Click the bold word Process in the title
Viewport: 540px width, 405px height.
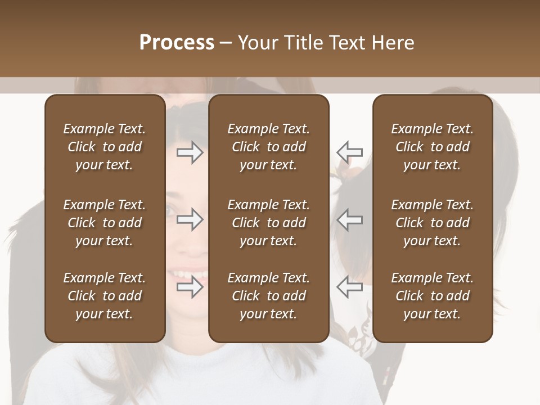tap(177, 43)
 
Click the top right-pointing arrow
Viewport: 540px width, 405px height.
tap(190, 152)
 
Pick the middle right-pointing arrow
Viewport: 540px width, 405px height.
tap(190, 219)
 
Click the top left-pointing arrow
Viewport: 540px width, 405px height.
tap(350, 152)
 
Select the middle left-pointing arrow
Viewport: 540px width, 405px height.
tap(350, 219)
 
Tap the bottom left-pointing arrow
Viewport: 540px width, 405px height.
tap(350, 286)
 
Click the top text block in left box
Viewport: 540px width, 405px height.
tap(105, 147)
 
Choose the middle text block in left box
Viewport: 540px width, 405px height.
tap(105, 223)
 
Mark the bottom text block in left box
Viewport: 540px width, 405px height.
tap(105, 296)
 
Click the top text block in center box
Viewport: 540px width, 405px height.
tap(268, 147)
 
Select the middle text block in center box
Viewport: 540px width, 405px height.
tap(268, 223)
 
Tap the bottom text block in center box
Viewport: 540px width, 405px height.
tap(268, 296)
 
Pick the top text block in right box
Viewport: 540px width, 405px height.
tap(432, 147)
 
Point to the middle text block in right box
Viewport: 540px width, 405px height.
tap(432, 223)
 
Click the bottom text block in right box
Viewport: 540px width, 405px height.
tap(432, 296)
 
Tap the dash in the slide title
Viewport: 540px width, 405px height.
tap(226, 43)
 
